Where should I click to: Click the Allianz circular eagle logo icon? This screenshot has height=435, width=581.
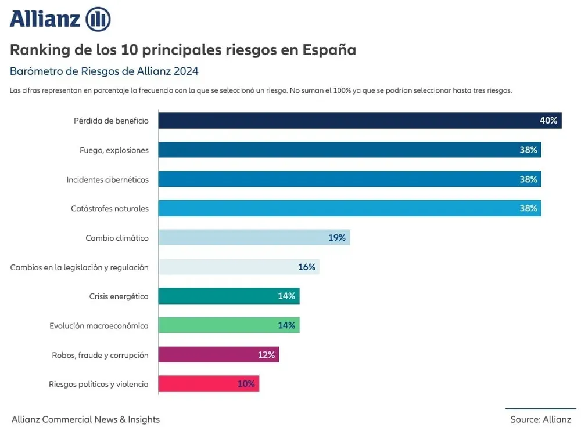point(98,19)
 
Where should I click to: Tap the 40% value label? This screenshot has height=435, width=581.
point(548,121)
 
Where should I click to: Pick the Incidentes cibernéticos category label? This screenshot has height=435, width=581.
point(107,179)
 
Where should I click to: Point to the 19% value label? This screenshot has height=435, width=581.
point(336,237)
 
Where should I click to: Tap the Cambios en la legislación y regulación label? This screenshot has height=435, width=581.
point(80,267)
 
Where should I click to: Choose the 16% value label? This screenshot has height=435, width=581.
point(306,267)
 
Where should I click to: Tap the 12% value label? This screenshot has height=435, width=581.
point(266,354)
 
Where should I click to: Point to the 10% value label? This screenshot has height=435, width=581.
point(246,383)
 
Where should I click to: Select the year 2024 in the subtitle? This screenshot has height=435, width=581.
point(186,71)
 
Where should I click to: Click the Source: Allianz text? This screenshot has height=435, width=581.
point(540,419)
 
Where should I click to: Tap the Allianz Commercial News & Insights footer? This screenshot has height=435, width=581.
point(85,419)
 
